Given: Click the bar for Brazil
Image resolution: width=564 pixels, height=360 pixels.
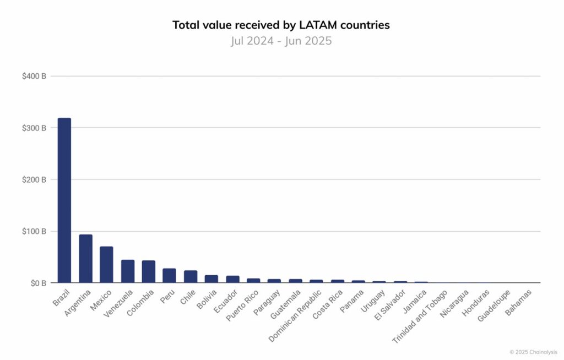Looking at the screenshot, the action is tap(64, 200).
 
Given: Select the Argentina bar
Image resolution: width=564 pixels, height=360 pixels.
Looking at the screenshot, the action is tap(85, 259).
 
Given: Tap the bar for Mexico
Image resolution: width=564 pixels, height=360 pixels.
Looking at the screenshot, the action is tap(106, 265).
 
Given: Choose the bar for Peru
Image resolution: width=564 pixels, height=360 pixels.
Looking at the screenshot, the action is tap(169, 276).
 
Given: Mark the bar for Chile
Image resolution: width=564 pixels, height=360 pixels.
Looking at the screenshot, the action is tap(191, 277).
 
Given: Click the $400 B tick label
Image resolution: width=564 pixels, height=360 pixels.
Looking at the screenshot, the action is tap(34, 76).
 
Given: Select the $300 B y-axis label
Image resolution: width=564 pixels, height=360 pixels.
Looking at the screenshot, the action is tap(34, 128).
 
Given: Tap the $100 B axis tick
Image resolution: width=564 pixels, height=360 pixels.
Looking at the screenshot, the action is tap(34, 231).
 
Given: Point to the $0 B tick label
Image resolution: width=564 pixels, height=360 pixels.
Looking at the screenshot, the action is tap(36, 283).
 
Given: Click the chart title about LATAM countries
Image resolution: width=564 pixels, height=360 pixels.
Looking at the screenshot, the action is tap(281, 25).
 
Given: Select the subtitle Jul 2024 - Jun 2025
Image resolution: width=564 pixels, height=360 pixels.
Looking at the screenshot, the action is tap(281, 41).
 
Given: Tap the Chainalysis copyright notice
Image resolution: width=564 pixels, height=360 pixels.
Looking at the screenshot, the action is tap(533, 352).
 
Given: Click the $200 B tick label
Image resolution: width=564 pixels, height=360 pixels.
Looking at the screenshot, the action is tap(34, 179).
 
